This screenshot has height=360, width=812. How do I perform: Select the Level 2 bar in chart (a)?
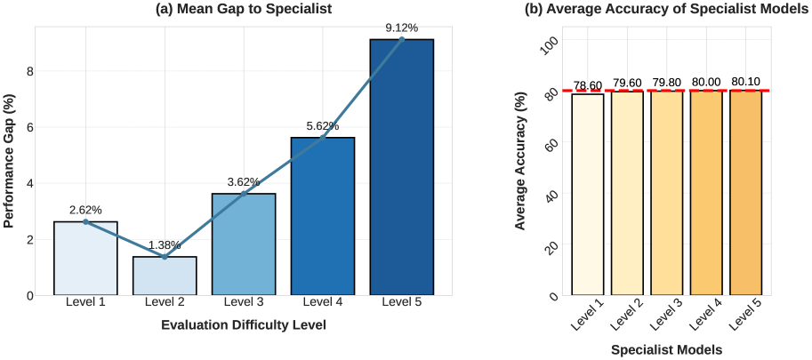pos(165,276)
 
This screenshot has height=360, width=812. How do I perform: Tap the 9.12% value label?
pos(402,28)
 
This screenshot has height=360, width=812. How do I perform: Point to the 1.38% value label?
pos(165,244)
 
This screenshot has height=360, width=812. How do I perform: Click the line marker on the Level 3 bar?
pos(244,194)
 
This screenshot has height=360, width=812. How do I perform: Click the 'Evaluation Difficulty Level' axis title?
pos(244,325)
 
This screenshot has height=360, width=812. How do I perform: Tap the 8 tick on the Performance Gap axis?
pos(29,71)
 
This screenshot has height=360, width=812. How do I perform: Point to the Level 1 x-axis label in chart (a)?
pos(85,303)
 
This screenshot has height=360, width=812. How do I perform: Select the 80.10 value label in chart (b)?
pos(745,82)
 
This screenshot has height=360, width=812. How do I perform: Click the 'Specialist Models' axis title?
pos(666,350)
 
